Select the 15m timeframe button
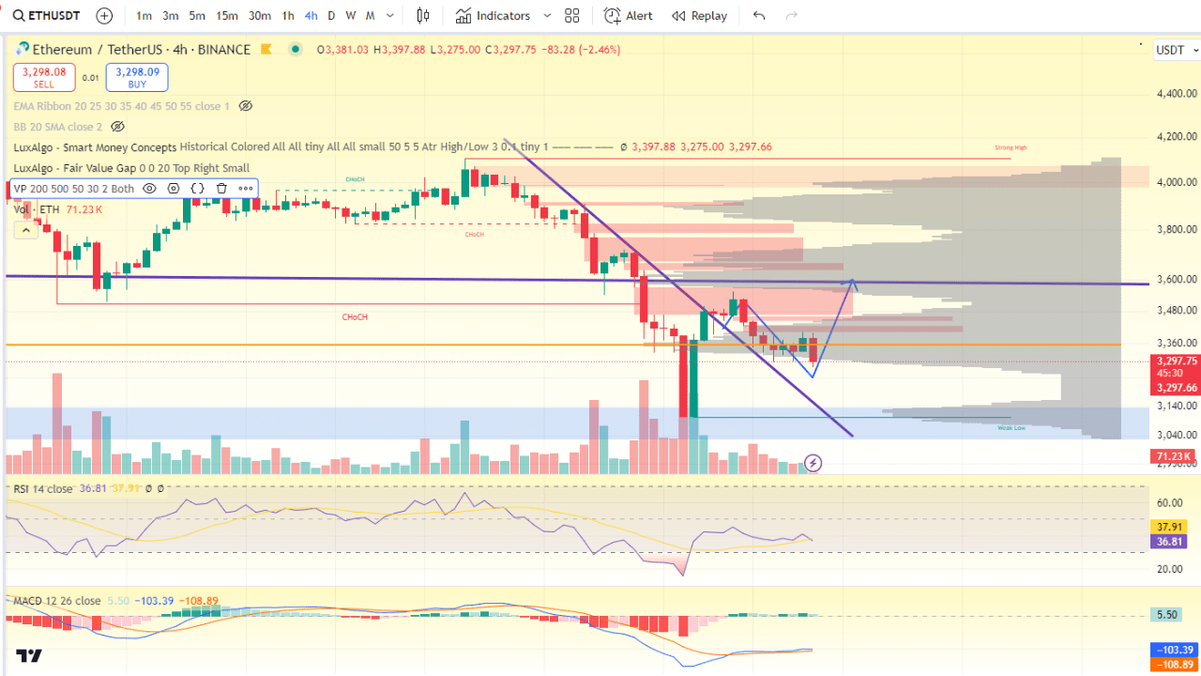226,16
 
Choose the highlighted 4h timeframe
311,16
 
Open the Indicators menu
493,16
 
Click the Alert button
629,16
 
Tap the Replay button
699,16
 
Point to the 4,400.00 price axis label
1177,94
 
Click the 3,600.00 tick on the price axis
1177,279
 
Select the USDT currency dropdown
1174,50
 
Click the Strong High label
1011,148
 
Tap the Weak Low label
1011,427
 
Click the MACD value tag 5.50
1168,615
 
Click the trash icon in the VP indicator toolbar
222,189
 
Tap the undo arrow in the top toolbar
759,16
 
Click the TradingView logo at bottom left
29,656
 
